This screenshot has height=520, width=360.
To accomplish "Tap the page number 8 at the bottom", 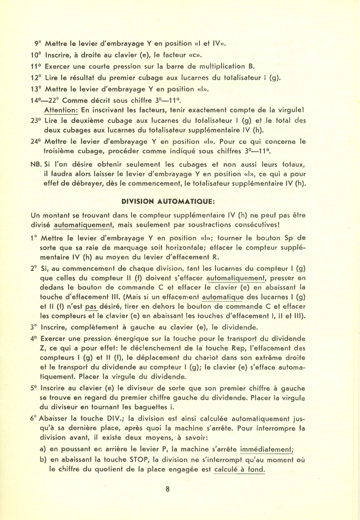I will click(168, 489).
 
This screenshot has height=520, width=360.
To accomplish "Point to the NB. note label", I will click(35, 164).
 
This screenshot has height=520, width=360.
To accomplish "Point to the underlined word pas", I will click(91, 306).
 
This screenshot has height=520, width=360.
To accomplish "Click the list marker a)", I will click(43, 449).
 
